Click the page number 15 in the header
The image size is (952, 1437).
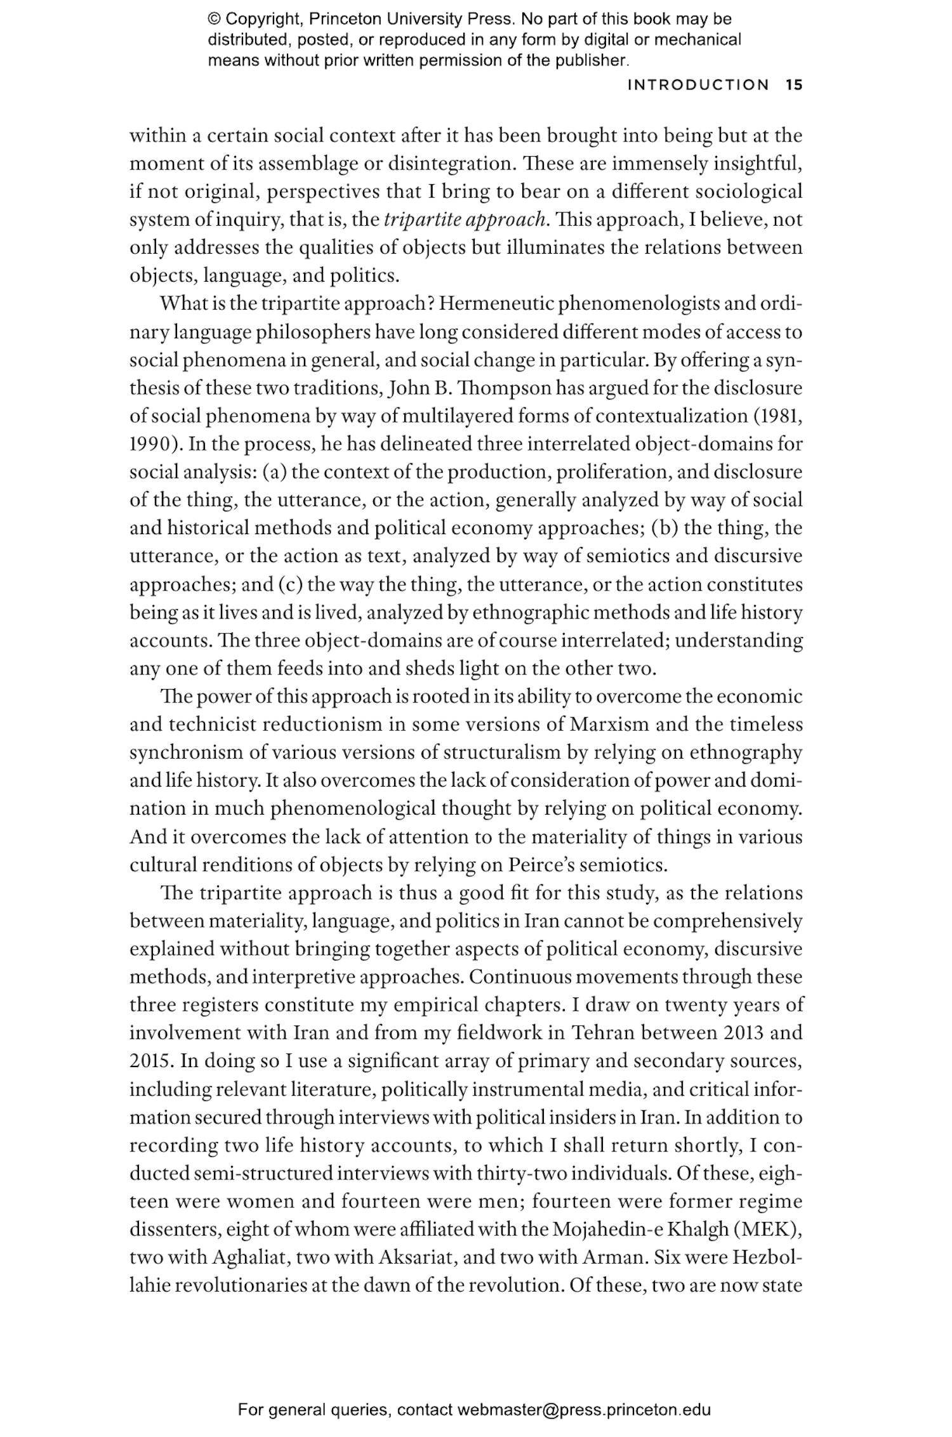(x=794, y=85)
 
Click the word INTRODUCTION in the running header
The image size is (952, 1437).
(x=697, y=85)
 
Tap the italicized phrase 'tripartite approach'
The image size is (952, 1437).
(x=465, y=220)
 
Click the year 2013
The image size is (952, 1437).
(x=743, y=1033)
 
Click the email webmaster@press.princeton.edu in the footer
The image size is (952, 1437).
(x=583, y=1410)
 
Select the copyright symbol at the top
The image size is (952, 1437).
(x=214, y=20)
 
